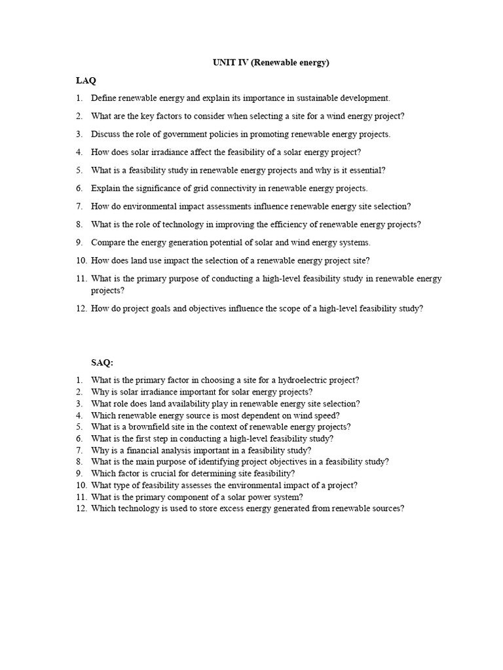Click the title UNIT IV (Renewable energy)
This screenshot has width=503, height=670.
pyautogui.click(x=270, y=63)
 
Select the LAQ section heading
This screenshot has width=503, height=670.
pyautogui.click(x=85, y=80)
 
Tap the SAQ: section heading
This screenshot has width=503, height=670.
pyautogui.click(x=102, y=362)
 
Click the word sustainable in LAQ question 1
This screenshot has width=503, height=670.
pyautogui.click(x=318, y=98)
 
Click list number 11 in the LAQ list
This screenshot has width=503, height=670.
pyautogui.click(x=81, y=279)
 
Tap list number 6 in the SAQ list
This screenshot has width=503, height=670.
pyautogui.click(x=79, y=438)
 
